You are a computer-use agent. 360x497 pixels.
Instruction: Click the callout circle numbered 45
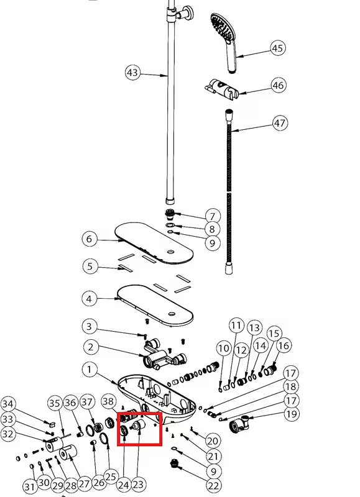[277, 48]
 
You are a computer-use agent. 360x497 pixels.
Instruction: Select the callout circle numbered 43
[132, 73]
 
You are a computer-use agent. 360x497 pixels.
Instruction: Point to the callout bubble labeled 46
[278, 86]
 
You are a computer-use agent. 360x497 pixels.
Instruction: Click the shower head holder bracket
[221, 89]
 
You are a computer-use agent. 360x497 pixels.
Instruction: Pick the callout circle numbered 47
[280, 122]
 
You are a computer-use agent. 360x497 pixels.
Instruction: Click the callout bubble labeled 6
[89, 239]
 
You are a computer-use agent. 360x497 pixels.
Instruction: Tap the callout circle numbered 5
[90, 266]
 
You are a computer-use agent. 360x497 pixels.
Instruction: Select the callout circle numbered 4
[89, 299]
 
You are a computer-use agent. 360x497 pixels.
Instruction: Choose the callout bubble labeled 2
[91, 347]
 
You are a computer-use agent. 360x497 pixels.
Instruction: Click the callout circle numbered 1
[90, 369]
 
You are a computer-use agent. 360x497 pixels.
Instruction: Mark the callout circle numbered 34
[7, 404]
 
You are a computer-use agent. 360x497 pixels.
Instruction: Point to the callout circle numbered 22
[213, 485]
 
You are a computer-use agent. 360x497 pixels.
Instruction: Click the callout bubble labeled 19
[291, 414]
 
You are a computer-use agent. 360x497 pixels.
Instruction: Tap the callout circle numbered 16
[284, 345]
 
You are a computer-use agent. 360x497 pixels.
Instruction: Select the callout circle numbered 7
[213, 216]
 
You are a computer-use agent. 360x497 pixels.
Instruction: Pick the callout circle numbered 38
[108, 401]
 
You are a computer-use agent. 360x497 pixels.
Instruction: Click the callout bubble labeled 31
[30, 486]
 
